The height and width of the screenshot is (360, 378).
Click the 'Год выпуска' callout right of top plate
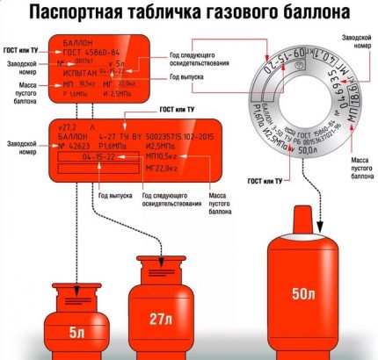[x=209, y=88]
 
